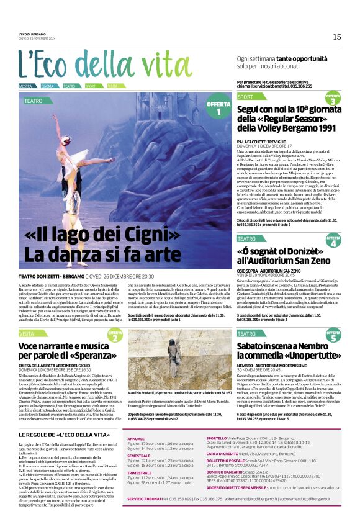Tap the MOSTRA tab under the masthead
(26, 86)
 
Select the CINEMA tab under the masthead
(48, 86)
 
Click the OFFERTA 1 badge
(218, 107)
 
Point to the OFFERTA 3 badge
(333, 99)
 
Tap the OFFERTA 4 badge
(333, 241)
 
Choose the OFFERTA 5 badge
(333, 336)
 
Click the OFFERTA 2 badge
(115, 336)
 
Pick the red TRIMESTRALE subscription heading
(140, 472)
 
